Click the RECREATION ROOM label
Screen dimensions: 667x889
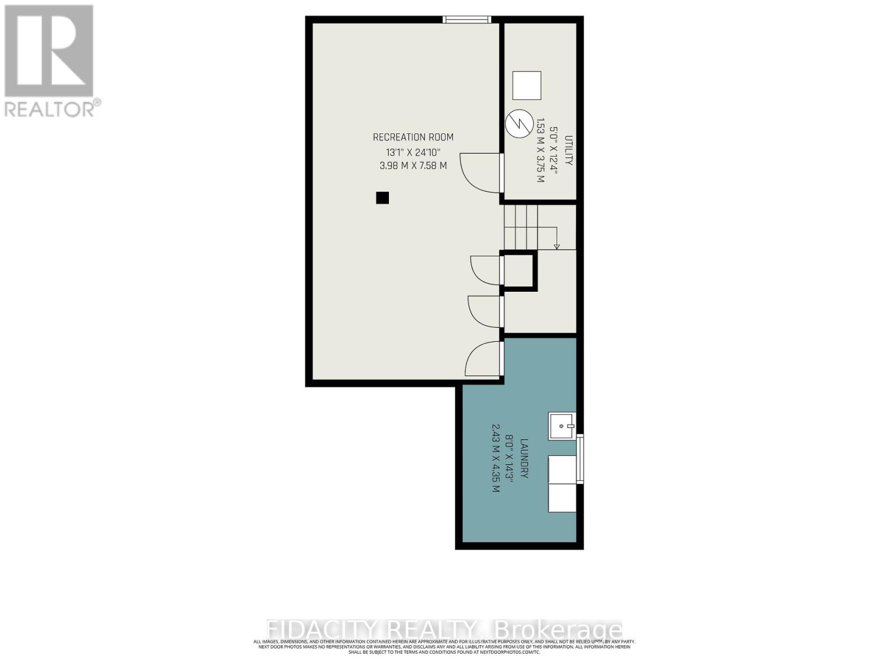pyautogui.click(x=413, y=137)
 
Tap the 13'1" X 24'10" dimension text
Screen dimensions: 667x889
pyautogui.click(x=413, y=152)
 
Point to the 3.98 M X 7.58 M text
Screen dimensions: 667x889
pyautogui.click(x=413, y=166)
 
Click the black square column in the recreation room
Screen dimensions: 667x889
pyautogui.click(x=382, y=197)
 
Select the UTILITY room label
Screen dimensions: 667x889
pyautogui.click(x=568, y=150)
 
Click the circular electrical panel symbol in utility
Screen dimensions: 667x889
pyautogui.click(x=518, y=123)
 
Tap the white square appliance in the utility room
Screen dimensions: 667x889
pyautogui.click(x=526, y=86)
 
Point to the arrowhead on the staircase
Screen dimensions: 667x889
pyautogui.click(x=557, y=246)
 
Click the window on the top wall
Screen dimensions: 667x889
pyautogui.click(x=467, y=20)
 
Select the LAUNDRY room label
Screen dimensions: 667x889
pyautogui.click(x=523, y=459)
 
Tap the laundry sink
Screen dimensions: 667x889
pyautogui.click(x=562, y=426)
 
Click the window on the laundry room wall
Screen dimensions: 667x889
pyautogui.click(x=581, y=459)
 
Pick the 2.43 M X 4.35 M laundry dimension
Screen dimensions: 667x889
pyautogui.click(x=496, y=459)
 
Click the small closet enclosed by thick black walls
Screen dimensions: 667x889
pyautogui.click(x=518, y=271)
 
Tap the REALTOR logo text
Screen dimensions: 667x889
pyautogui.click(x=53, y=109)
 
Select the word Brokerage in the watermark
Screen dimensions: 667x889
pyautogui.click(x=557, y=630)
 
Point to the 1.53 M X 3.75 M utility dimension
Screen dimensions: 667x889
pyautogui.click(x=539, y=150)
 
